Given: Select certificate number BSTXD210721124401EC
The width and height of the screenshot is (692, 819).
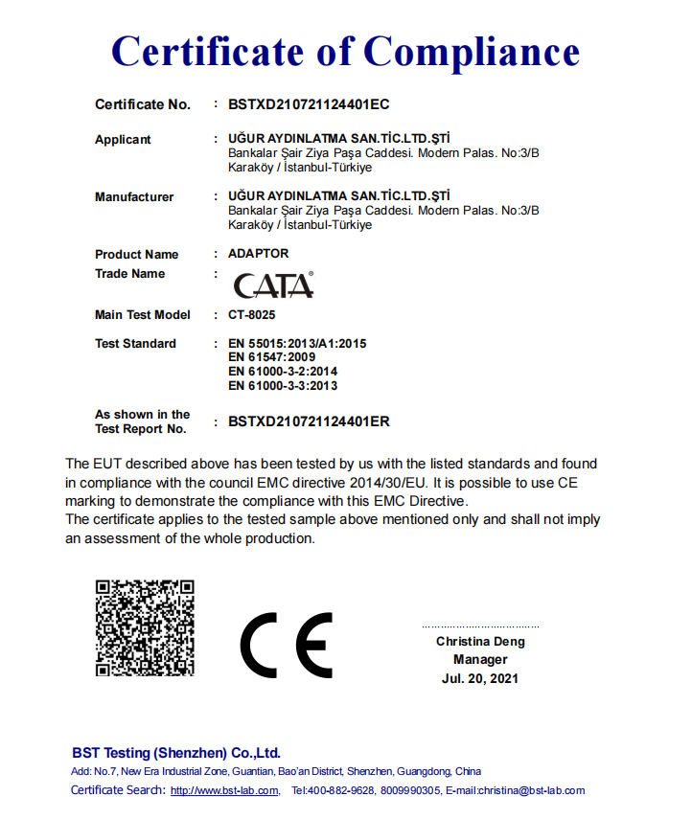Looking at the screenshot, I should click(x=309, y=104).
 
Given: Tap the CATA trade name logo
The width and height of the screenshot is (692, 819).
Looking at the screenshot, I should click(x=273, y=285).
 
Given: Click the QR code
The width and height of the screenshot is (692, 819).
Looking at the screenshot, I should click(x=145, y=628).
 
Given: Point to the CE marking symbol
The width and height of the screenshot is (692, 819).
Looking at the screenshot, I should click(x=286, y=644).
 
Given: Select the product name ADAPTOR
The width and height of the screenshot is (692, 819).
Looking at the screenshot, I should click(x=258, y=255).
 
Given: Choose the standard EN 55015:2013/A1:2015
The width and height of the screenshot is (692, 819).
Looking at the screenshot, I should click(x=297, y=344).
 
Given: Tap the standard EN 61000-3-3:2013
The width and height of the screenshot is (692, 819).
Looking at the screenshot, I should click(x=283, y=385).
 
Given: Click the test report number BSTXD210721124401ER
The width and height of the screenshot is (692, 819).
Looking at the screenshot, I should click(x=309, y=421).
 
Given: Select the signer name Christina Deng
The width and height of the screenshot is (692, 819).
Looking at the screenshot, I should click(x=480, y=642).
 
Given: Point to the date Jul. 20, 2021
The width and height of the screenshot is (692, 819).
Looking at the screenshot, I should click(x=480, y=678).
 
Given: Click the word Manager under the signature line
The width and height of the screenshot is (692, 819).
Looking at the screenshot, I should click(x=480, y=660).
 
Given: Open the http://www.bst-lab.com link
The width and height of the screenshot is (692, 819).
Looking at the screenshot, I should click(x=224, y=791).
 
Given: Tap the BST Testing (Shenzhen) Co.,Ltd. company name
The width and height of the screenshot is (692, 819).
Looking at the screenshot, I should click(x=176, y=753).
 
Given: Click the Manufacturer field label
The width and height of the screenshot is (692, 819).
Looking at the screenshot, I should click(x=134, y=197).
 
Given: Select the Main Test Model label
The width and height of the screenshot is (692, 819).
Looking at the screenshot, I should click(x=143, y=315).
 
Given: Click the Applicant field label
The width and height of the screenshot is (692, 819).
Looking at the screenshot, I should click(x=123, y=140).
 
